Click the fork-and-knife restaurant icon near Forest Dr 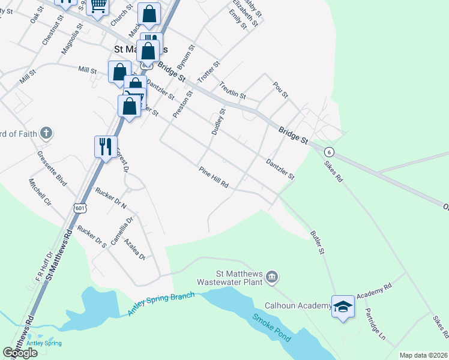[106, 146]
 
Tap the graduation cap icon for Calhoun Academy [343, 307]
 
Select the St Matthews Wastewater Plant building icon [272, 275]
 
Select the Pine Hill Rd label [214, 177]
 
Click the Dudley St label [217, 121]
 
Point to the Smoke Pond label [271, 328]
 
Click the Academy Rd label [373, 292]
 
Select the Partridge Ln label [375, 325]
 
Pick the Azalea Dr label [134, 249]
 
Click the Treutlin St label [232, 91]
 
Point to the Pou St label [280, 91]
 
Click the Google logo [20, 353]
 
